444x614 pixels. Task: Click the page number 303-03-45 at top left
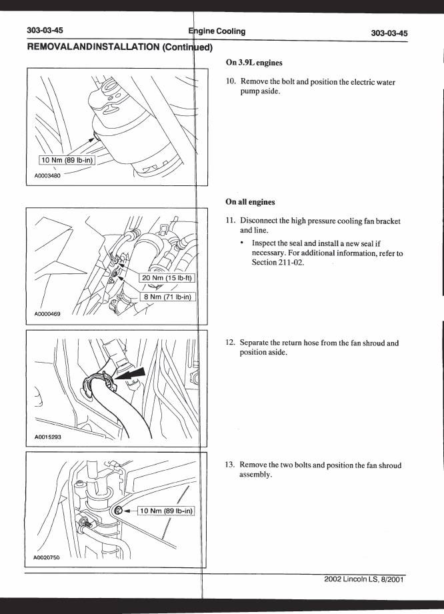coord(45,30)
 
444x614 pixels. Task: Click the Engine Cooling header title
coord(217,31)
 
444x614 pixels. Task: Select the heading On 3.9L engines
coord(254,63)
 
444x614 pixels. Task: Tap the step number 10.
coord(231,81)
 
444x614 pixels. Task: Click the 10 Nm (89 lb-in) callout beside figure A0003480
coord(67,160)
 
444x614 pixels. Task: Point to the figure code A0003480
coord(47,176)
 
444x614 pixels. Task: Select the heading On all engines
coord(250,202)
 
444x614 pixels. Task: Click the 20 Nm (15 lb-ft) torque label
coord(167,277)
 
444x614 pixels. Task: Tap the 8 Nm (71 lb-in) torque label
coord(167,297)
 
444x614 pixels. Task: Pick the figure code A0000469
coord(47,313)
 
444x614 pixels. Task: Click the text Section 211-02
coord(278,263)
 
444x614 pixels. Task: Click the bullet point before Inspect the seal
coord(243,243)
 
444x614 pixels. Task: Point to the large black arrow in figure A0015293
coord(131,375)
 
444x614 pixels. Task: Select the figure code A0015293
coord(47,437)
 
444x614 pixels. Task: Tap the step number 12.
coord(230,343)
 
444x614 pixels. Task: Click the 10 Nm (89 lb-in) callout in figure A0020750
coord(167,511)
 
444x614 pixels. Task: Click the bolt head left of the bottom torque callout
coord(119,511)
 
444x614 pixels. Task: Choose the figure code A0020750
coord(47,557)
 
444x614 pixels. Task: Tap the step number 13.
coord(230,465)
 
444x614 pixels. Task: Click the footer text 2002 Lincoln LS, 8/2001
coord(364,579)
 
